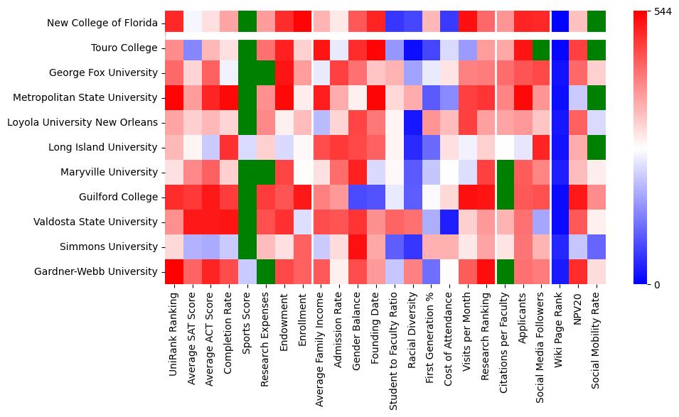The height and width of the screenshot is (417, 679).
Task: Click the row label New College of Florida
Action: (x=102, y=23)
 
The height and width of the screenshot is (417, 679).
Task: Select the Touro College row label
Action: (x=124, y=48)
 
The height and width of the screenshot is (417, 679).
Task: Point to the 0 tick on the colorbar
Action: (x=656, y=285)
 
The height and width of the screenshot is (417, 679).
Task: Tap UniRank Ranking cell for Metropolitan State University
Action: (x=173, y=97)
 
